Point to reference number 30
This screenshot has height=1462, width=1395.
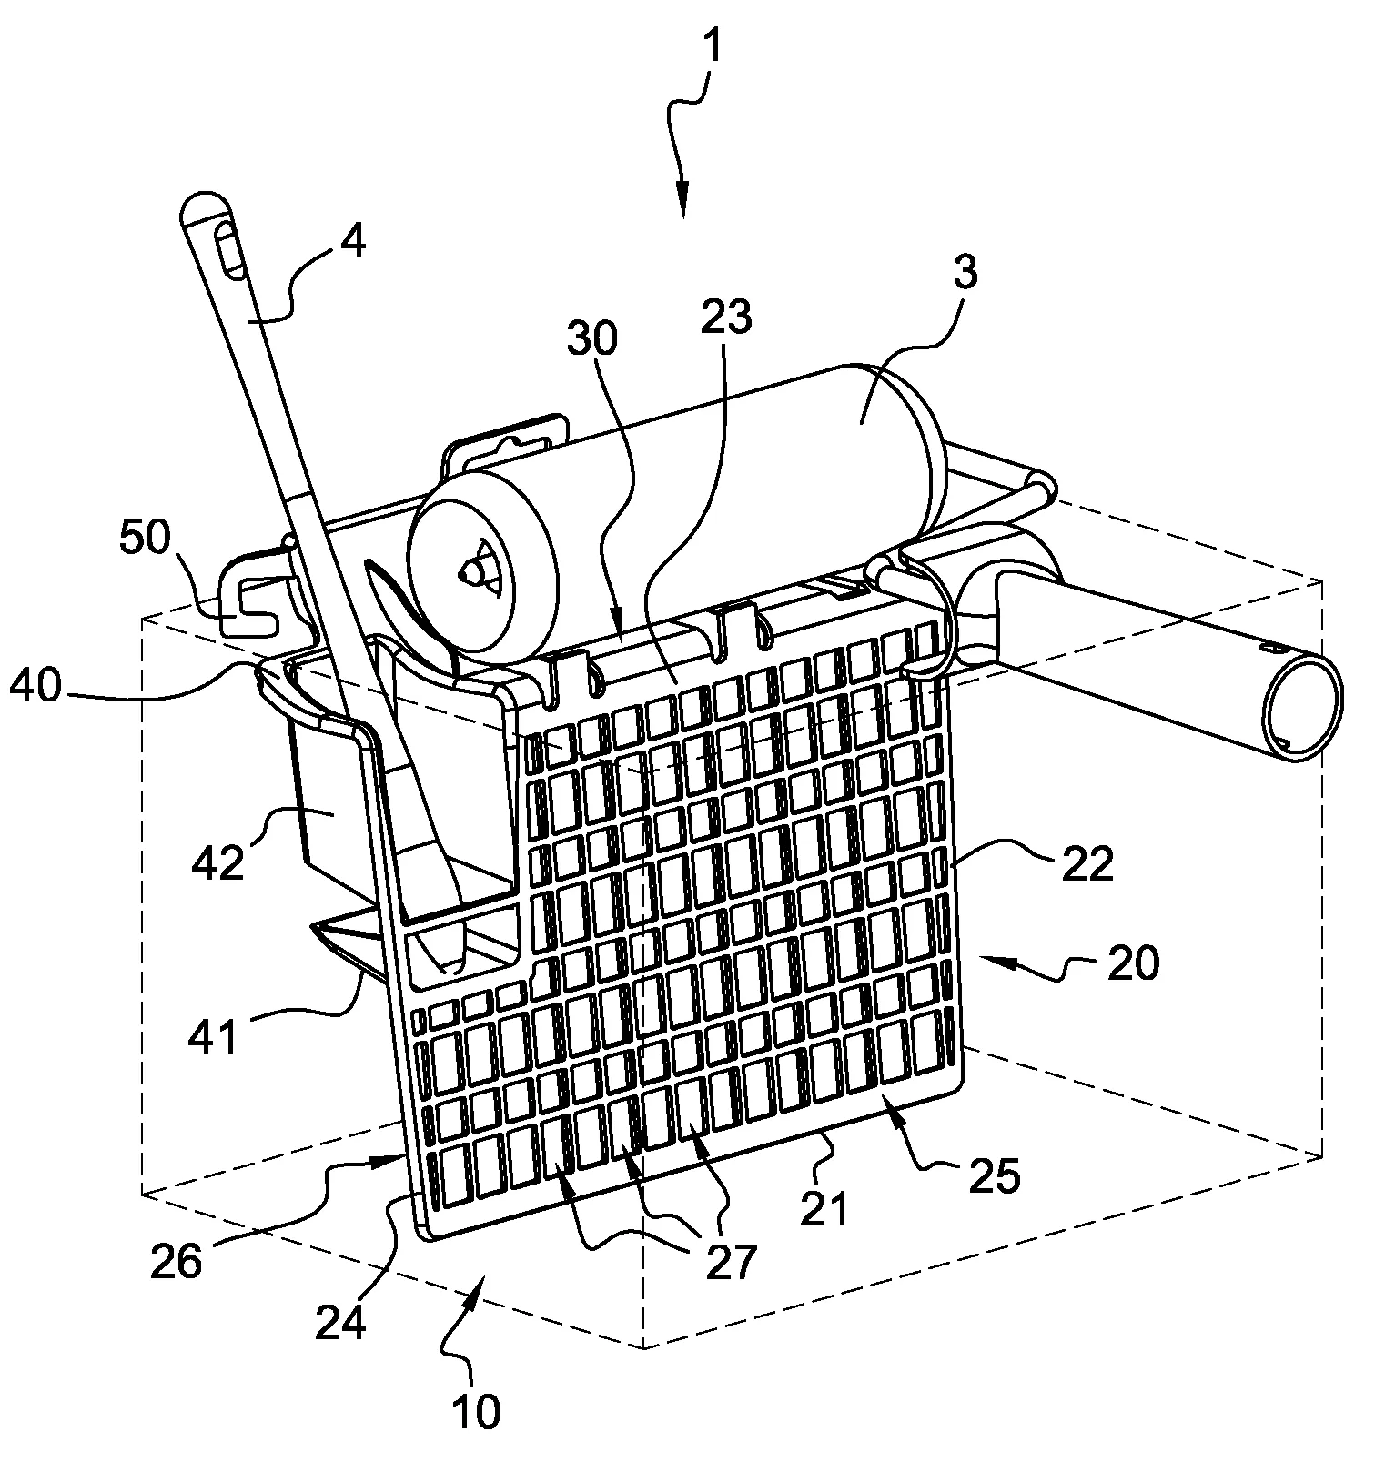(x=591, y=338)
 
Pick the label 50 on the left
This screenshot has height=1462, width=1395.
(x=145, y=539)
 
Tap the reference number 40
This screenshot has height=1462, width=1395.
(x=37, y=685)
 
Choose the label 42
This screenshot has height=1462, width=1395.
(x=218, y=860)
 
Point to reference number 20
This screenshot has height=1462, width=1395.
(x=1133, y=963)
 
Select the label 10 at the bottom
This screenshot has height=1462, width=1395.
(x=473, y=1413)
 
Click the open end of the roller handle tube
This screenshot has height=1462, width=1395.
(x=1303, y=708)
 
